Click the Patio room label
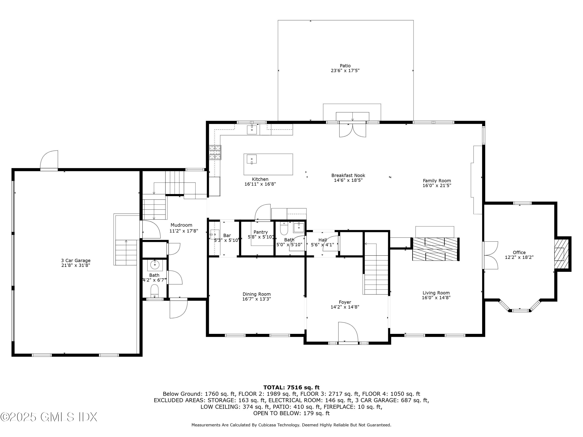point(345,66)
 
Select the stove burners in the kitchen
point(215,152)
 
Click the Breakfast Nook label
point(348,175)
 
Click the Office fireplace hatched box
point(559,254)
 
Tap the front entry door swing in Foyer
point(348,332)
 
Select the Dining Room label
point(257,294)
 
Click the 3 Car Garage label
point(76,260)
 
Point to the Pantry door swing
point(263,212)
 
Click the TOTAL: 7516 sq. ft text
point(291,387)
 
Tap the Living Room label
point(436,293)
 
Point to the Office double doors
point(490,255)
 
